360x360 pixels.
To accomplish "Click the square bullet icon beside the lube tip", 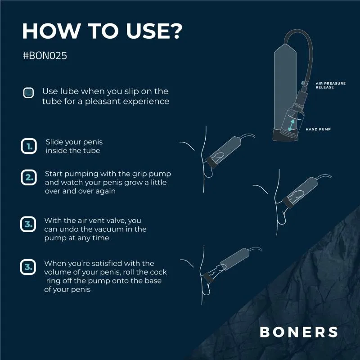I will coord(28,93).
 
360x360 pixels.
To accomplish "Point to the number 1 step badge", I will coord(28,146).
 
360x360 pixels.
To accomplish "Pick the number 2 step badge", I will coord(28,177).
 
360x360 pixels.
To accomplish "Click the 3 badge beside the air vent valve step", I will coord(28,224).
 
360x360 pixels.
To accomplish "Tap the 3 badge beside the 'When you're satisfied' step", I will coord(28,267).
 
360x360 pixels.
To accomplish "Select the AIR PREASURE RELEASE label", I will coord(331,85).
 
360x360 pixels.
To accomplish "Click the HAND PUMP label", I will coord(319,129).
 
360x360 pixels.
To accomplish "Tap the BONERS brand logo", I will coord(299,332).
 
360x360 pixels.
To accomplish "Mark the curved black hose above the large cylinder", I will coord(306,45).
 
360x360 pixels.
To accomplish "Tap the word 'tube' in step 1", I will coord(91,150).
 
